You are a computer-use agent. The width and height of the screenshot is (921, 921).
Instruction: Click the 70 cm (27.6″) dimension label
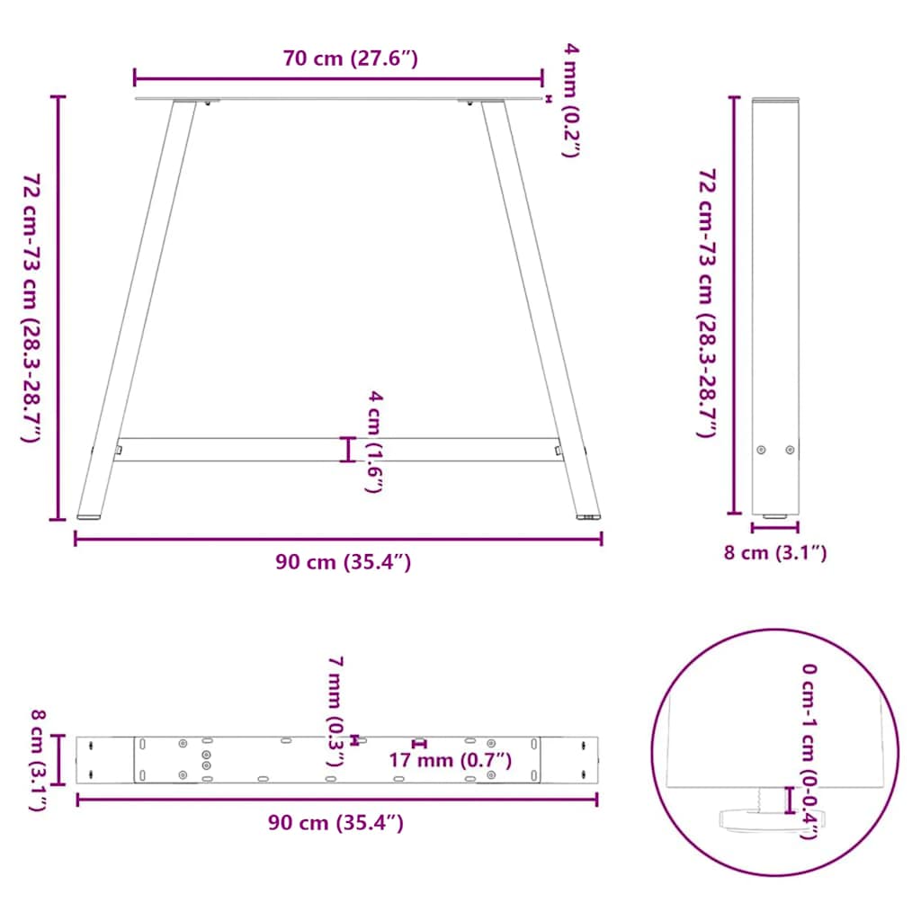[350, 59]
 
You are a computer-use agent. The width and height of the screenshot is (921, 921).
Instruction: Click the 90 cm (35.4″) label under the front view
[343, 563]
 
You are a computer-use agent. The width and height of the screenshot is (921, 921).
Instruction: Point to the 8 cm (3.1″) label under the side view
[774, 553]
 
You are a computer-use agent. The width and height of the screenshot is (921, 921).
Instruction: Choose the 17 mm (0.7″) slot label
[450, 761]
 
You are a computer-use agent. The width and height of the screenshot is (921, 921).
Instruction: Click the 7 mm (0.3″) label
[335, 711]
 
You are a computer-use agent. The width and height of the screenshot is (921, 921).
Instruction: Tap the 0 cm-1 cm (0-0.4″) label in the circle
[809, 750]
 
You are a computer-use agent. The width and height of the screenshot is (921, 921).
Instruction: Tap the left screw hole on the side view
[762, 450]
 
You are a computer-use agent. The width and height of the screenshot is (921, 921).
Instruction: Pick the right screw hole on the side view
[790, 450]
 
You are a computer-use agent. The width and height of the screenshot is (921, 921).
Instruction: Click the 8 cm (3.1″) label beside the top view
[38, 760]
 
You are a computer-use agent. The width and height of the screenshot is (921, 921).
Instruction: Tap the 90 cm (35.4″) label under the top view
[335, 822]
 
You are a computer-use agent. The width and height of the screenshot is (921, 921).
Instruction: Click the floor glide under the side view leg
[774, 517]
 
